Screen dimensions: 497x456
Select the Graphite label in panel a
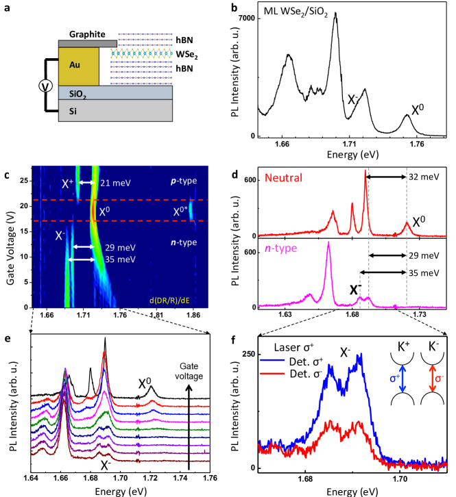click(x=85, y=34)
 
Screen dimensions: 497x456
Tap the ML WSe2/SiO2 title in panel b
click(x=302, y=12)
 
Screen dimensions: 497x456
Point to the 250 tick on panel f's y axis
click(x=248, y=353)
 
